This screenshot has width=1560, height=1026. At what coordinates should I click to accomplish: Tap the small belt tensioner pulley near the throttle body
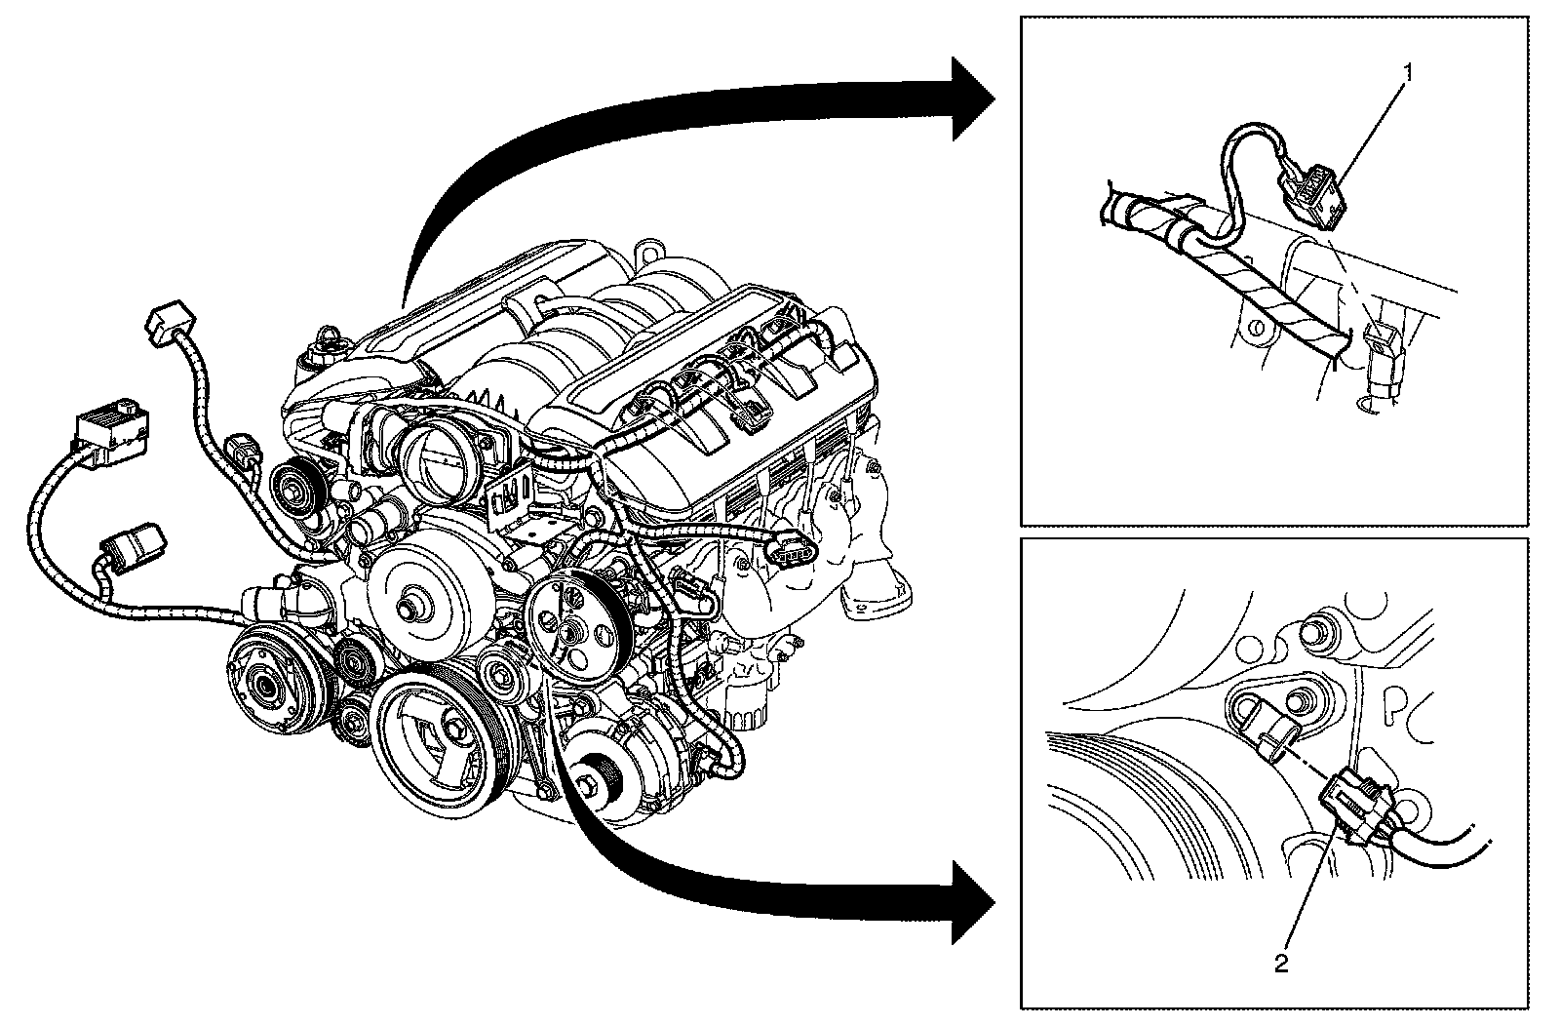click(292, 483)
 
